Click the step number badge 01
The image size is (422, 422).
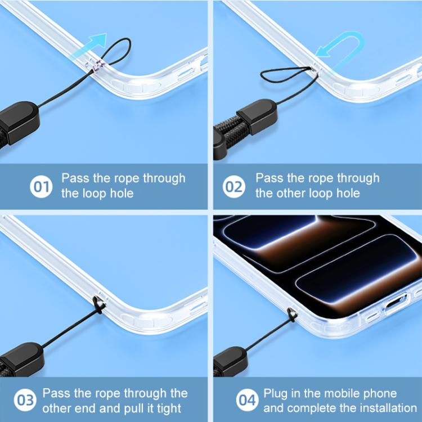coord(41,186)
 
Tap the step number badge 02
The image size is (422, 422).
coord(234,186)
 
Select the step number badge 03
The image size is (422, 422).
coord(25,400)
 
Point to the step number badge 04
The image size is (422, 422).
coord(248,400)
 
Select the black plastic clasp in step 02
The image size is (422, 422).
coord(258,116)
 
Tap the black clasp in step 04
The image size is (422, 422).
coord(230,361)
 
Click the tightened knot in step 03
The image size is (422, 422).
coord(99,305)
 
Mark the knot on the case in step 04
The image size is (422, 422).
coord(292,315)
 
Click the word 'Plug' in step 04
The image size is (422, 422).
coord(275,394)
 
